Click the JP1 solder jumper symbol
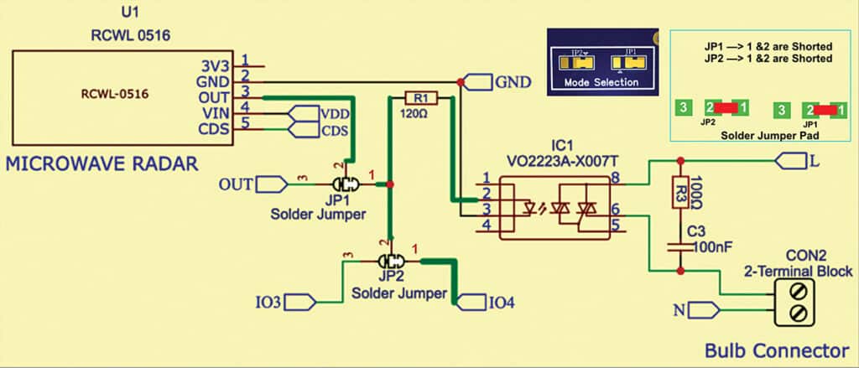coord(344,184)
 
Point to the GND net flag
coord(478,82)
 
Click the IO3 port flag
coord(301,300)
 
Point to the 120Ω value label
coord(417,112)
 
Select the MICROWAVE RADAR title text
coord(102,164)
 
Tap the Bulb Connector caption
coord(777,350)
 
